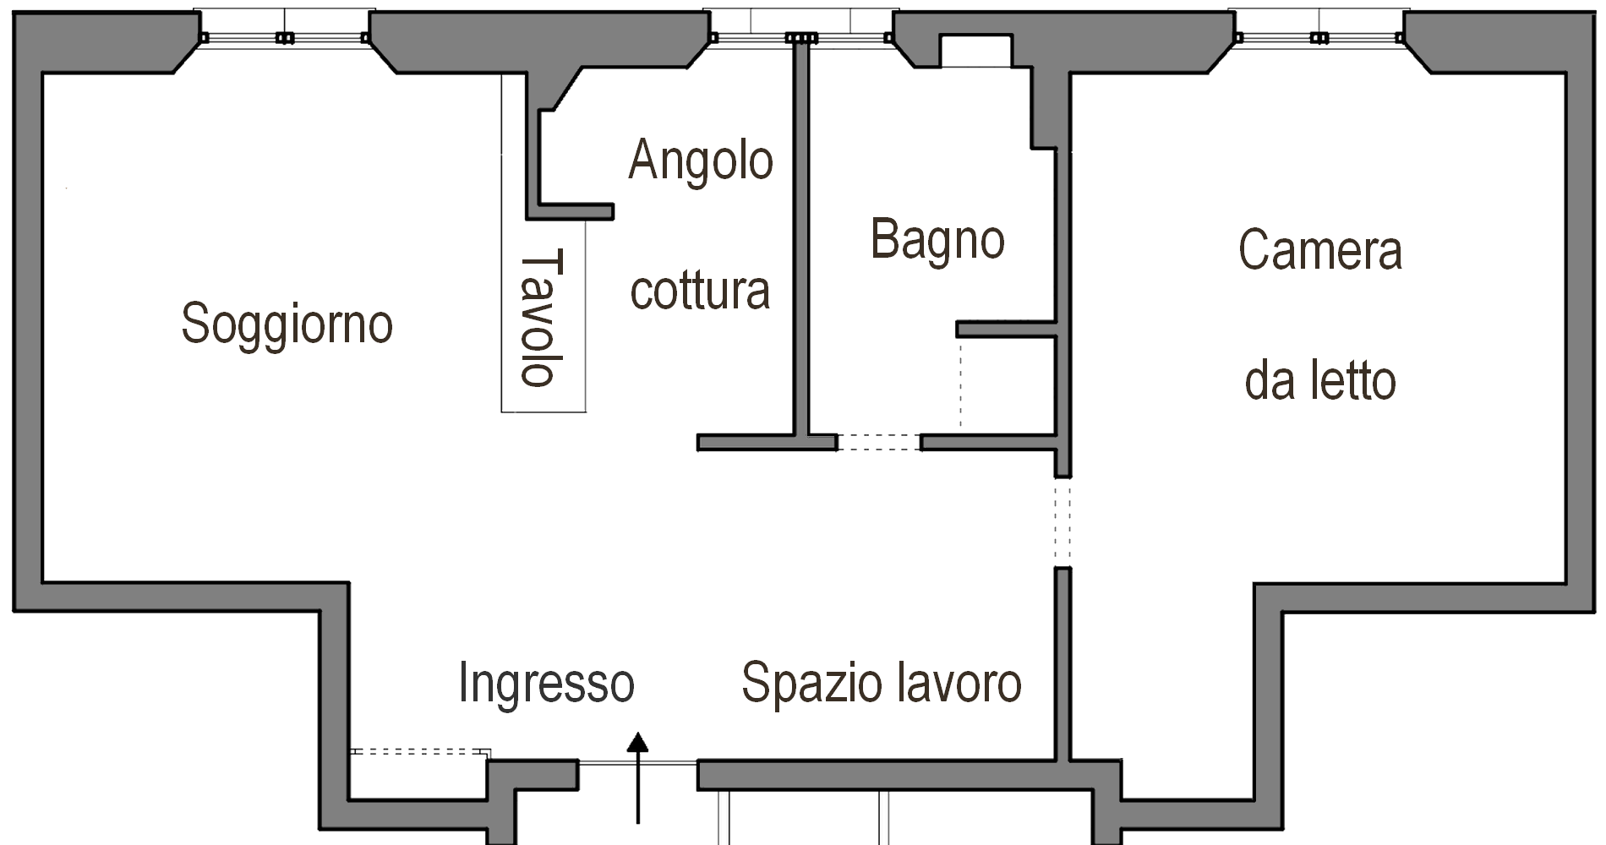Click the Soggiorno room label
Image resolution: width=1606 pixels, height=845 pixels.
(287, 324)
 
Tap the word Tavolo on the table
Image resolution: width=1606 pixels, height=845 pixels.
(542, 318)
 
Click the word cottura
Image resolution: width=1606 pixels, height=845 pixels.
(701, 291)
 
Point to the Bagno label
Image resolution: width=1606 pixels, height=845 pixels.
(937, 240)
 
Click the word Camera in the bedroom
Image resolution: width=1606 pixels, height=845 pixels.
(1320, 250)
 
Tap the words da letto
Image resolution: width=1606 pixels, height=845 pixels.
(1320, 381)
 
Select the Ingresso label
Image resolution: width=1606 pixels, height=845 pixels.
(546, 683)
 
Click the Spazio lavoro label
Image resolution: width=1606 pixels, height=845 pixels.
(882, 683)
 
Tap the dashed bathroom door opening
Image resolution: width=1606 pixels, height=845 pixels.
(878, 442)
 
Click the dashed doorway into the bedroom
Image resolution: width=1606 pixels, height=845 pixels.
(1062, 522)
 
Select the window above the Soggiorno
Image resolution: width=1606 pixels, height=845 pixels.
(284, 37)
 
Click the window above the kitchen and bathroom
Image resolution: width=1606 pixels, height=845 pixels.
(800, 37)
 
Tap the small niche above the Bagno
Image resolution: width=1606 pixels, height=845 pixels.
(975, 51)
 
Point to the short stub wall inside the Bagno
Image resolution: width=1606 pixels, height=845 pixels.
(1006, 329)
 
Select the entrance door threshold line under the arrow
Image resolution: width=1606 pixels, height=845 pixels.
(638, 763)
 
